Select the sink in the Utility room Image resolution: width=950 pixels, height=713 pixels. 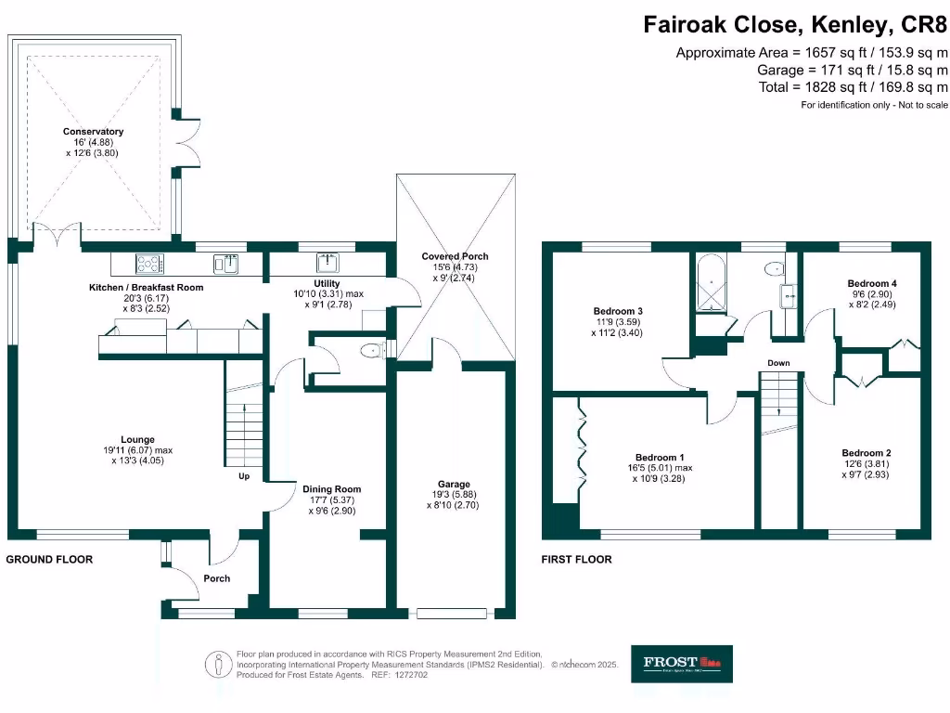point(328,262)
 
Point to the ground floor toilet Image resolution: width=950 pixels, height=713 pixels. point(373,350)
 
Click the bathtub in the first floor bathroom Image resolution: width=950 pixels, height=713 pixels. point(712,282)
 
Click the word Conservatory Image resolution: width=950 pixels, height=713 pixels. point(93,132)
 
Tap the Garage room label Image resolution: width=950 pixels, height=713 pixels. point(454,484)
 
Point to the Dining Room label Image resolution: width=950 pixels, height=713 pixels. point(331,489)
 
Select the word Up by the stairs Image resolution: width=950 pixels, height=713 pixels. point(245,476)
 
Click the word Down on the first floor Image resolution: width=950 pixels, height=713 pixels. point(778,363)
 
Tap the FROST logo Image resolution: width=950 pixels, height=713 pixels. point(681,664)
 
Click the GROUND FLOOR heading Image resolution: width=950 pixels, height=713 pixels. point(49,560)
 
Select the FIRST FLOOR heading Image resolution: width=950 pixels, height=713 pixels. point(576,560)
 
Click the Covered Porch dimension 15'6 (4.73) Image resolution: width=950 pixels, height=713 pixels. point(455,266)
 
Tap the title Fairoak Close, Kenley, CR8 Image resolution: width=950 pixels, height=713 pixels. point(795,25)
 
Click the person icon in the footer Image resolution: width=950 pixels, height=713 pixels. point(218,664)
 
